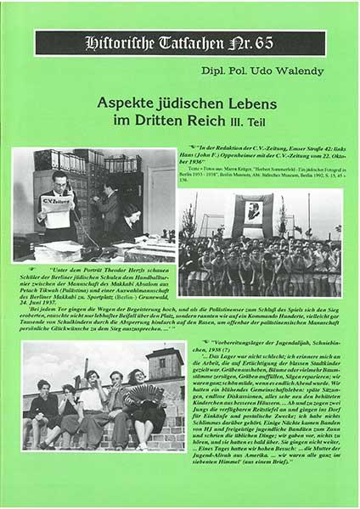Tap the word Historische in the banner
click(114, 42)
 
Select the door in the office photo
click(159, 196)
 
